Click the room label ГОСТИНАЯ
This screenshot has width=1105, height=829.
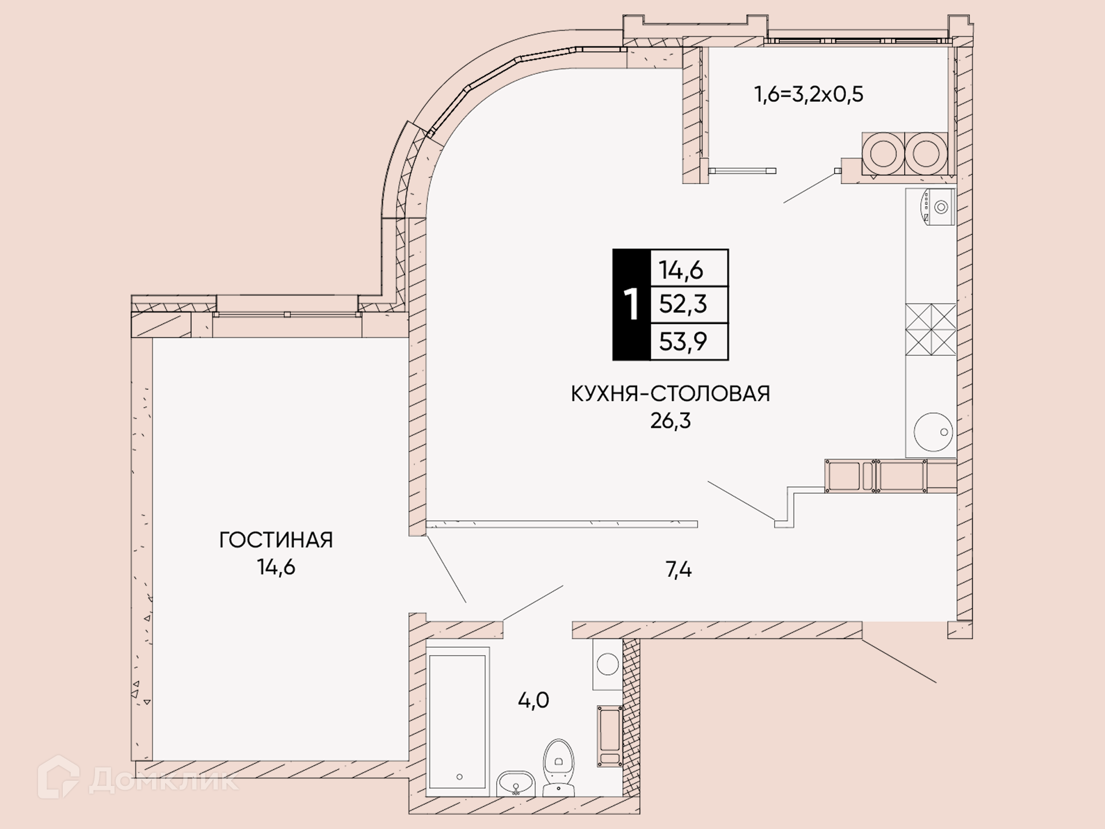(276, 540)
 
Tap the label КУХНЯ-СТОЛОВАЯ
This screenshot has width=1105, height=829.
(670, 394)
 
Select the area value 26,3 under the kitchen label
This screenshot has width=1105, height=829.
(670, 421)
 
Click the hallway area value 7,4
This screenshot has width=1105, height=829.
(679, 570)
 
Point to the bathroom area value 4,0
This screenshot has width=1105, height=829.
(534, 701)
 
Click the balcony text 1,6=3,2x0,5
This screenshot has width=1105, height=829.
(809, 94)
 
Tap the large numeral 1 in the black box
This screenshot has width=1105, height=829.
(631, 305)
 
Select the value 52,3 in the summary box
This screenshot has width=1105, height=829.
(683, 304)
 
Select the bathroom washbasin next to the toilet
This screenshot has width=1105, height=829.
(516, 784)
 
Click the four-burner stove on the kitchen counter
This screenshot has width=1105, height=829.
(931, 329)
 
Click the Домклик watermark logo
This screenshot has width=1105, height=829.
(138, 778)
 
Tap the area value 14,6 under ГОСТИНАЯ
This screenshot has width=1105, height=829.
(276, 568)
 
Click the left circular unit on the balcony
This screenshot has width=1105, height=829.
(883, 154)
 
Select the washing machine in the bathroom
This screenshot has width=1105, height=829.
(608, 664)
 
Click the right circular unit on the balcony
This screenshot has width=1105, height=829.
(926, 154)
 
